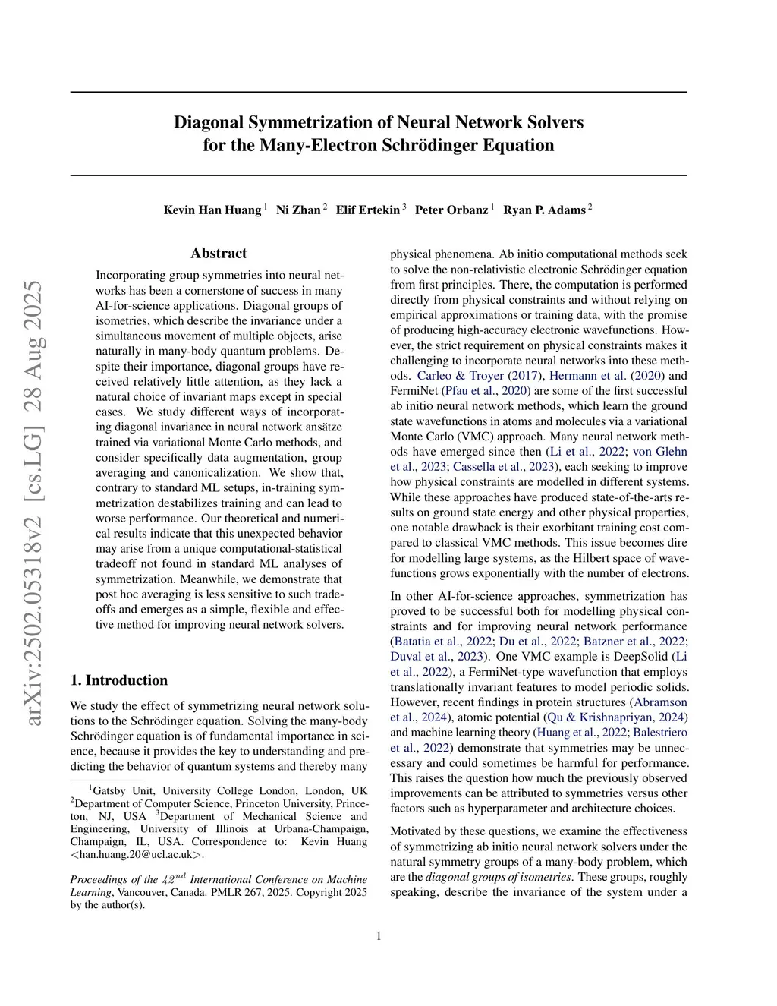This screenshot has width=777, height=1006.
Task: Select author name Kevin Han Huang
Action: tap(212, 210)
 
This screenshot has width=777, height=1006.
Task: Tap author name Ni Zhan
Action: tap(298, 210)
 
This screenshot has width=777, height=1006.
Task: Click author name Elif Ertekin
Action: tap(368, 210)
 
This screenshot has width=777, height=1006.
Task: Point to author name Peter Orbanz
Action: tap(451, 210)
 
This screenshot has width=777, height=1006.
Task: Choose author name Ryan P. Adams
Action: tap(544, 210)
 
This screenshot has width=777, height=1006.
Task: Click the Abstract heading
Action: tap(219, 253)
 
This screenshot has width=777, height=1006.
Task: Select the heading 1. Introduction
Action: tap(119, 680)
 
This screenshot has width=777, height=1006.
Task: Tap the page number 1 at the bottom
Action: tap(379, 936)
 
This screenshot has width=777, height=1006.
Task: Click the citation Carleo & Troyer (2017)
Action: tap(480, 376)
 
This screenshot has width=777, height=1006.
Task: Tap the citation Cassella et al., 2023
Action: tap(503, 467)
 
